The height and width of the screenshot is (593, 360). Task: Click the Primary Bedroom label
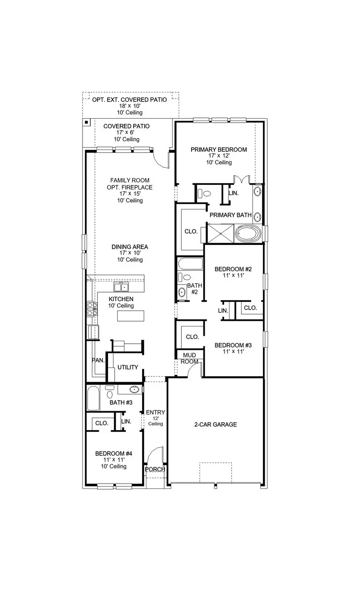pyautogui.click(x=218, y=150)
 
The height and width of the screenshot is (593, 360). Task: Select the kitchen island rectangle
pyautogui.click(x=131, y=316)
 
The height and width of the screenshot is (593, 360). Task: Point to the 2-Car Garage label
pyautogui.click(x=216, y=424)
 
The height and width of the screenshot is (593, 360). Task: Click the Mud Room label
pyautogui.click(x=189, y=358)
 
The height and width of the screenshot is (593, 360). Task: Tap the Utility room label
pyautogui.click(x=128, y=367)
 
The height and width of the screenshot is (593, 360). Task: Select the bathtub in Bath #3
pyautogui.click(x=94, y=398)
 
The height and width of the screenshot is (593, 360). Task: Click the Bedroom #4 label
pyautogui.click(x=114, y=453)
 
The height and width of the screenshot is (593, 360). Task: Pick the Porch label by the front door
pyautogui.click(x=155, y=469)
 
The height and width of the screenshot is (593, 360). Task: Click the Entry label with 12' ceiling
pyautogui.click(x=155, y=413)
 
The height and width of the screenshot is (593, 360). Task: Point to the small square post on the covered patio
pyautogui.click(x=87, y=122)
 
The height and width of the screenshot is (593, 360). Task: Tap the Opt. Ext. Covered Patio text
pyautogui.click(x=129, y=100)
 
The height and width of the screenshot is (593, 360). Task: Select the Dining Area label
pyautogui.click(x=129, y=247)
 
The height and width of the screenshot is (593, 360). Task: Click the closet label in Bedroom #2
pyautogui.click(x=250, y=308)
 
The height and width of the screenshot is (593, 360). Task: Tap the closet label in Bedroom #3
pyautogui.click(x=192, y=337)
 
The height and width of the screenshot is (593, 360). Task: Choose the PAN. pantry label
pyautogui.click(x=98, y=360)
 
